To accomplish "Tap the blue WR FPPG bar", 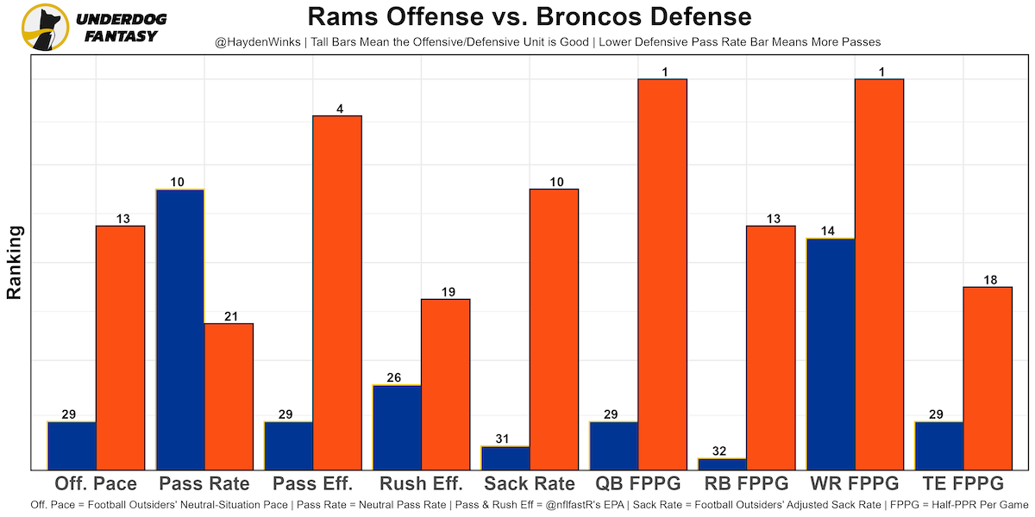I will coord(830,353).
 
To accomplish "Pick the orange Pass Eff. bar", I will coord(337,292).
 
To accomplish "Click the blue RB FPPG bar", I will coord(722,464).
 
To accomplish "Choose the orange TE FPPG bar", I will coord(988,378).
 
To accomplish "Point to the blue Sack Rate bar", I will coord(505,458).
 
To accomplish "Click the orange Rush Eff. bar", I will coord(446,384).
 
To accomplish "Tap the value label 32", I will coord(722,451).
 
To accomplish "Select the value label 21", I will coord(229,316).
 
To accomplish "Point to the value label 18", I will coord(988,280).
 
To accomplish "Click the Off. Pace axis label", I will coord(96,483).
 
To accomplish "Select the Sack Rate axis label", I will coord(530,483).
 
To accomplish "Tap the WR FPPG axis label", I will coord(854,483).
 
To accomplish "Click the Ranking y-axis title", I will coord(14,263).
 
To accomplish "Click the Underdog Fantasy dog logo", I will coord(45,27).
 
